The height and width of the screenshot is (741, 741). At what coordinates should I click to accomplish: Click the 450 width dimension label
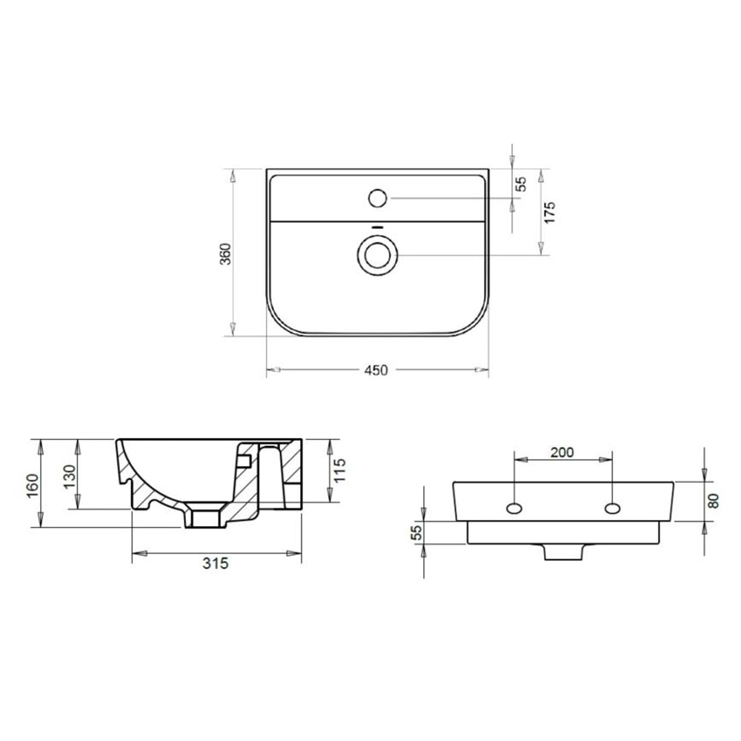pos(376,370)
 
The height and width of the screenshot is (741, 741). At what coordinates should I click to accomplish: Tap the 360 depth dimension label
pos(226,253)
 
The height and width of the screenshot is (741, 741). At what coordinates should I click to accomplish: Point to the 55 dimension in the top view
pos(520,184)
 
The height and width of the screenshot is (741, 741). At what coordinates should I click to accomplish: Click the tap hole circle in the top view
pos(378,199)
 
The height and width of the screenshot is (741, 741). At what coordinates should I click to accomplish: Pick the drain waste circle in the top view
pos(377,256)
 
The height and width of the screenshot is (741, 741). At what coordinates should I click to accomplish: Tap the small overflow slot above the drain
pos(377,227)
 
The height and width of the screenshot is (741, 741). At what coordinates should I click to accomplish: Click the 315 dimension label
pos(215,563)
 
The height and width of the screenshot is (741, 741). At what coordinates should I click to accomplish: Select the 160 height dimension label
pos(33,485)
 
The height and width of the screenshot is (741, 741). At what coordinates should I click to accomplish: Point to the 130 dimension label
pos(70,476)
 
